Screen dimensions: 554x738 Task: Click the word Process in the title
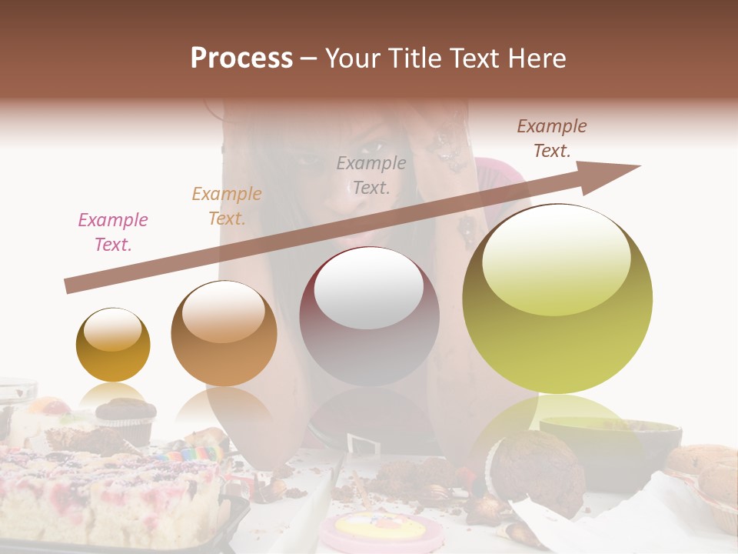pos(241,58)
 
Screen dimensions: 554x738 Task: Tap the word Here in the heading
pos(537,58)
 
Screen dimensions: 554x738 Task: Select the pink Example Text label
pos(113,232)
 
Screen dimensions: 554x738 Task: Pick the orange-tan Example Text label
pos(227,206)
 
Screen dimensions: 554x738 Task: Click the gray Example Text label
pos(371,175)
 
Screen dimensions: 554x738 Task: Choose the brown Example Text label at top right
pos(552,138)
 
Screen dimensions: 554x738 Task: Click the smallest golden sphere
pos(113,345)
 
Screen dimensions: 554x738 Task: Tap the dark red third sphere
pos(369,316)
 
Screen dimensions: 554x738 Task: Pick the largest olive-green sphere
pos(557,299)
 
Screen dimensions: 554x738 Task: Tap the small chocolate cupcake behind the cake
pos(125,415)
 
